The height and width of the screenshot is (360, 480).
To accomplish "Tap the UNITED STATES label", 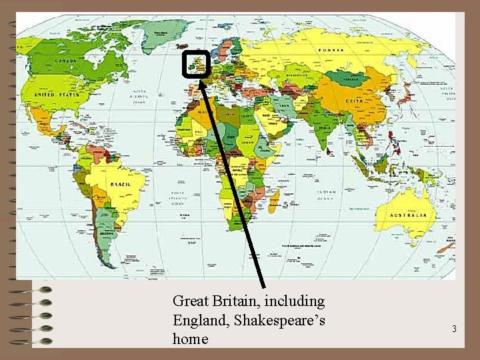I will click(57, 95).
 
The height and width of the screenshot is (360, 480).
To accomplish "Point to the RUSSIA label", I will click(331, 50).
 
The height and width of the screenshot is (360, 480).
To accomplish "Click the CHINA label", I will click(354, 101).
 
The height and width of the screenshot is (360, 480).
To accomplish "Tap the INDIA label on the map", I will click(324, 127).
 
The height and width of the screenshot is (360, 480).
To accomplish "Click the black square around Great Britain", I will click(196, 64).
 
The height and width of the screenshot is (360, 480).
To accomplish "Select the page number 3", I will click(454, 329).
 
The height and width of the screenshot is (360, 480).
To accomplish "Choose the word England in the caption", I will click(199, 320).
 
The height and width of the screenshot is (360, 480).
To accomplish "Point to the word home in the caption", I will click(191, 339).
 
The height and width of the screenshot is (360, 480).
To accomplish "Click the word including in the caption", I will click(297, 301).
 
